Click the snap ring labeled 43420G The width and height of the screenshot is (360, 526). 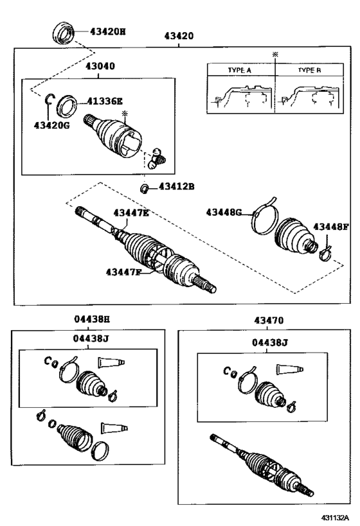click(x=49, y=98)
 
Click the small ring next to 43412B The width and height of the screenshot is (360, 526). click(x=145, y=188)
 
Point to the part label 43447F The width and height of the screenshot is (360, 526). click(x=123, y=272)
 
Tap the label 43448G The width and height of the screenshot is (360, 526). click(x=224, y=212)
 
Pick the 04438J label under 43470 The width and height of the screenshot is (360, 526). click(x=269, y=343)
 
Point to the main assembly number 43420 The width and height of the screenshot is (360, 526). click(x=179, y=37)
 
